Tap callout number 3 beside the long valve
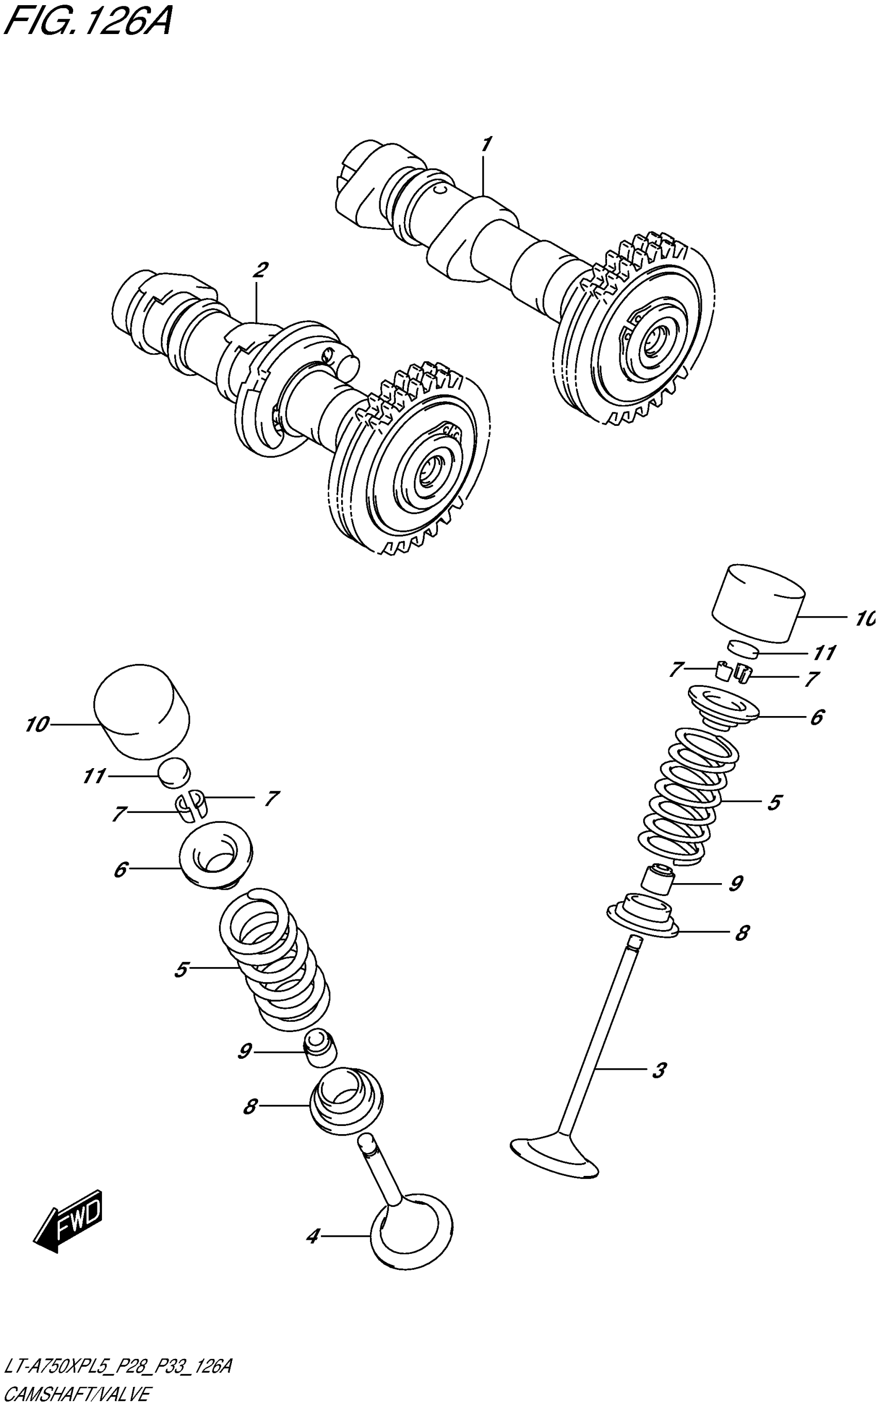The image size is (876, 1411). pos(659,1070)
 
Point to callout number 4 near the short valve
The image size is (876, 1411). pos(313,1237)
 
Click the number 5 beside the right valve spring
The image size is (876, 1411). pos(774,803)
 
